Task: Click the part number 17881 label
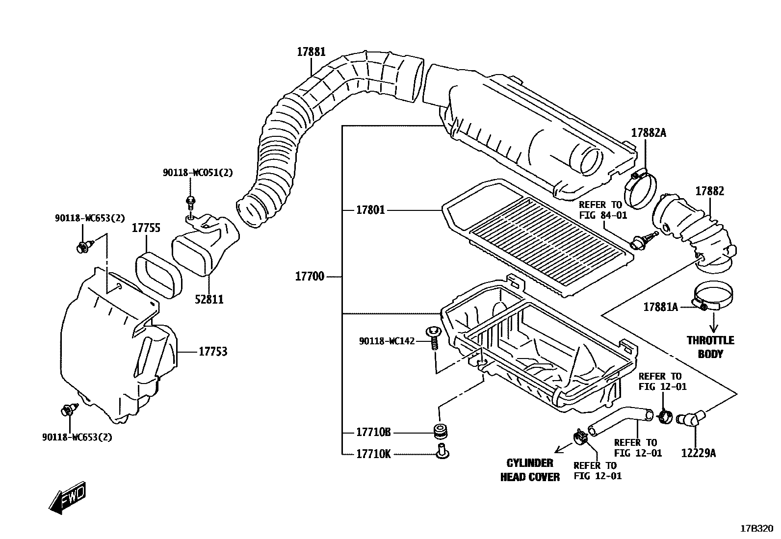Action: tap(311, 52)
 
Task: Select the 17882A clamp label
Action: tap(649, 132)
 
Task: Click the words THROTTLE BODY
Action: tap(710, 347)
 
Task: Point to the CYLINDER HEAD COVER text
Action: tap(530, 470)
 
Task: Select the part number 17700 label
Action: tap(310, 276)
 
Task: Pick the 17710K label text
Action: tap(373, 454)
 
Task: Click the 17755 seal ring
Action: tap(158, 275)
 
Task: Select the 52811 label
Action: tap(208, 299)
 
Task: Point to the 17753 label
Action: tap(213, 352)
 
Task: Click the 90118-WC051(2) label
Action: tap(198, 173)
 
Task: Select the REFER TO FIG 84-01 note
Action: tap(602, 209)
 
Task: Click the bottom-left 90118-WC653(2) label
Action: tap(77, 437)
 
